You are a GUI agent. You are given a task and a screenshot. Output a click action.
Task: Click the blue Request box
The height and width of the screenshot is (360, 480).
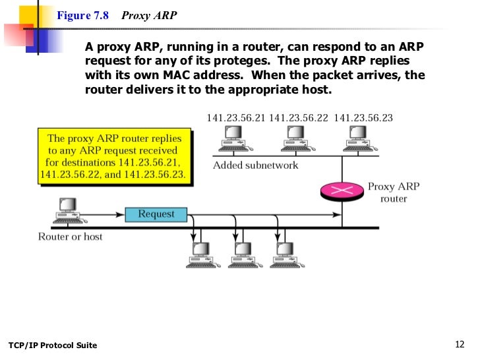coord(156,214)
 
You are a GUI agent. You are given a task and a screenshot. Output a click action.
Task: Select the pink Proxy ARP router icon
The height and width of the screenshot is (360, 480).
coord(342,190)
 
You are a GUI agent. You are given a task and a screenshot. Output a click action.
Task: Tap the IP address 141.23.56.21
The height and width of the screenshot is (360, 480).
coord(235,119)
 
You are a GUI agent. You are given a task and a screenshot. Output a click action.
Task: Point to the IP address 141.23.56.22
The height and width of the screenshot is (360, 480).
coord(299,119)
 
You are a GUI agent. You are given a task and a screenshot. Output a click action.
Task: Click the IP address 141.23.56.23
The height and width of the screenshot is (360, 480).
coord(363,119)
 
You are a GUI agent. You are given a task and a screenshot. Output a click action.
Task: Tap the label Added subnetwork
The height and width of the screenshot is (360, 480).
coord(255,165)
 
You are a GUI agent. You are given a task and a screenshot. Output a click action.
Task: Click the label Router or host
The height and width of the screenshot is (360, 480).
coord(70,237)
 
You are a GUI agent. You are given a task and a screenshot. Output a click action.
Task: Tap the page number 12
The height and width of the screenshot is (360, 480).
coord(460,344)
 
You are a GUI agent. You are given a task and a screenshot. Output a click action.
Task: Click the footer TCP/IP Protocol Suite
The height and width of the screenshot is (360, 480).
coord(52,345)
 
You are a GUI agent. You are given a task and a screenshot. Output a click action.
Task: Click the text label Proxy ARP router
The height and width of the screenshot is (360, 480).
coord(394,193)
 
